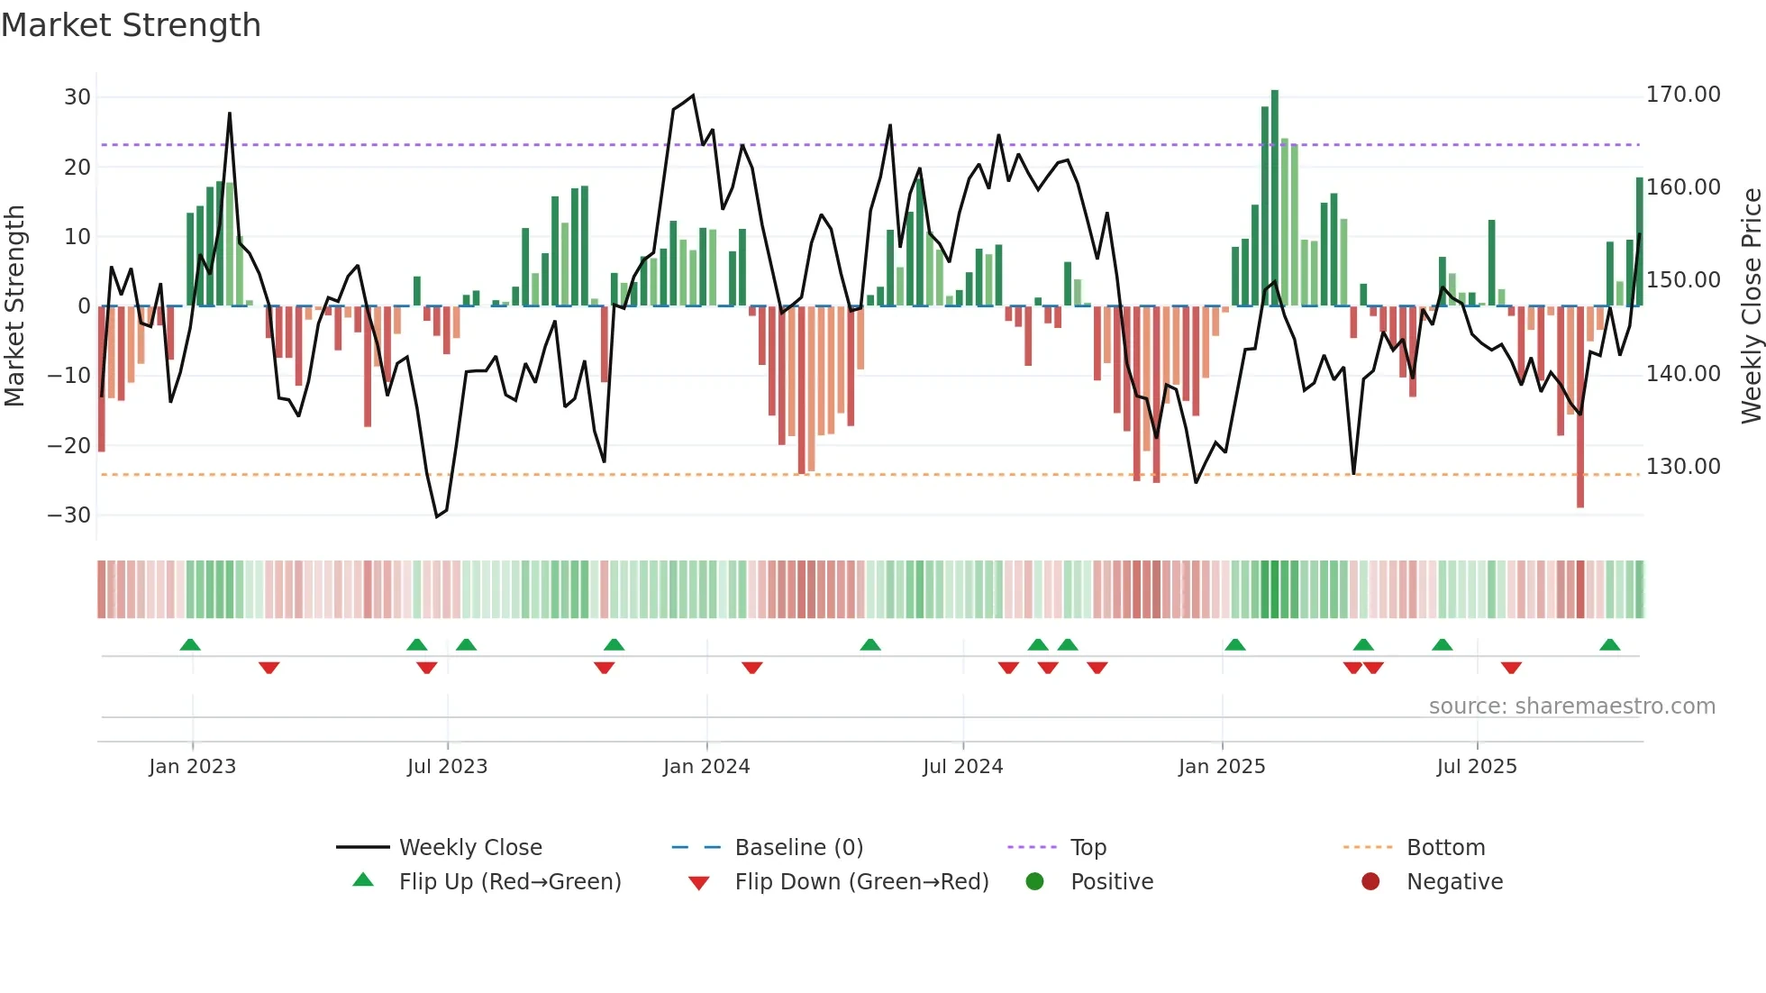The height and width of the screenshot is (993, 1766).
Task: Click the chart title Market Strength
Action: [131, 25]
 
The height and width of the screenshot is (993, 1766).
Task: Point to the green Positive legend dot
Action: [1034, 882]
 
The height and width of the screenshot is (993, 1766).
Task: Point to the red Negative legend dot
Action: [1370, 882]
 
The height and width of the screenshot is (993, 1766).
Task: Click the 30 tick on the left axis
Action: [77, 97]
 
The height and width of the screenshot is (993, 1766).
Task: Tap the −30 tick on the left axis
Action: [69, 515]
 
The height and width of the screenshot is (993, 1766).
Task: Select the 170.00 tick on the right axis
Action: [1682, 95]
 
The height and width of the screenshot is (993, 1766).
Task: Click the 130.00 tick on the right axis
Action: [1682, 467]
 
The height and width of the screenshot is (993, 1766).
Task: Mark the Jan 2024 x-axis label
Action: [706, 767]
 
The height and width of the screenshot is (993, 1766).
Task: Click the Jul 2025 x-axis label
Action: [1476, 767]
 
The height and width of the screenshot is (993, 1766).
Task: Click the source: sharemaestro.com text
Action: [1571, 706]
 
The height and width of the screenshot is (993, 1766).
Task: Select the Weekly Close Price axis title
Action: [1751, 306]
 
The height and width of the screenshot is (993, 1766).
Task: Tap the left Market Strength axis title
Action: [14, 306]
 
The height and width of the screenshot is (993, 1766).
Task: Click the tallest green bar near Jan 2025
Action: [1274, 198]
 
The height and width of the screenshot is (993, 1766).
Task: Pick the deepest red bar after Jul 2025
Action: [1579, 405]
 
